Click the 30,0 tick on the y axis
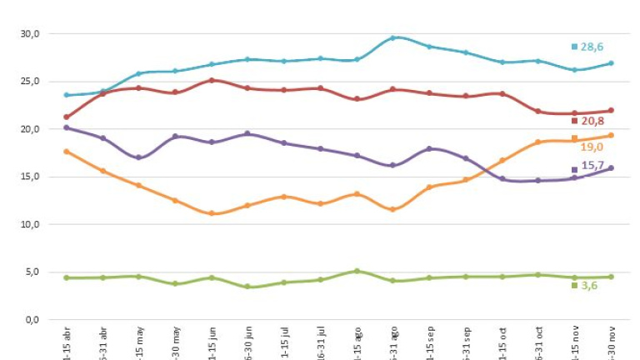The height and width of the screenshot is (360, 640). pyautogui.click(x=30, y=34)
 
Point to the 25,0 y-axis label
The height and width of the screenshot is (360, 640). pyautogui.click(x=30, y=82)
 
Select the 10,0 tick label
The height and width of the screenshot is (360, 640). pyautogui.click(x=30, y=225)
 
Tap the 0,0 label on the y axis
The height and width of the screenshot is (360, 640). pyautogui.click(x=32, y=320)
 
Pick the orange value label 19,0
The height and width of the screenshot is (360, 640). pyautogui.click(x=592, y=147)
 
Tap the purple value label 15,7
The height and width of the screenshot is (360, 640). pyautogui.click(x=592, y=167)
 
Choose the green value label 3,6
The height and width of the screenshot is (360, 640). pyautogui.click(x=589, y=286)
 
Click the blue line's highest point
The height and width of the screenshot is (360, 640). pyautogui.click(x=393, y=38)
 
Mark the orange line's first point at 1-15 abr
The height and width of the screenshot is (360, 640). pyautogui.click(x=67, y=152)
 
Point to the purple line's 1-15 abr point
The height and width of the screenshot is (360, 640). pyautogui.click(x=67, y=127)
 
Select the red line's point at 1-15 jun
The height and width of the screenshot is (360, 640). pyautogui.click(x=212, y=81)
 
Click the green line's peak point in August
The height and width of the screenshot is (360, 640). pyautogui.click(x=357, y=271)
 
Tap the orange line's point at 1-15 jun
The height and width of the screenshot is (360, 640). pyautogui.click(x=212, y=213)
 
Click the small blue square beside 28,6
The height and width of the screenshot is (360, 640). pyautogui.click(x=574, y=47)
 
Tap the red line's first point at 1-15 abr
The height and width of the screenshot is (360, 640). pyautogui.click(x=67, y=117)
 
